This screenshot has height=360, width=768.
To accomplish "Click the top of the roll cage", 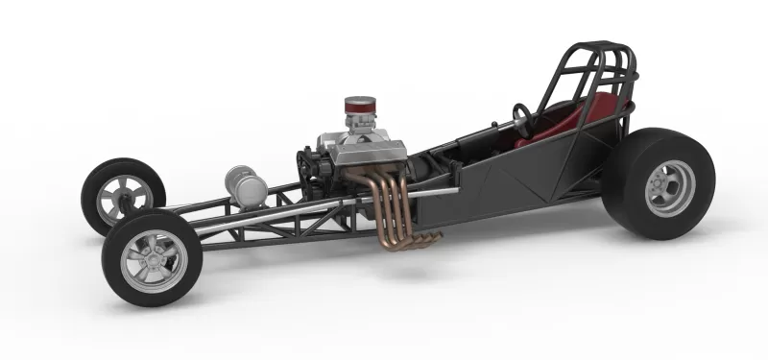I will click(x=600, y=48).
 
